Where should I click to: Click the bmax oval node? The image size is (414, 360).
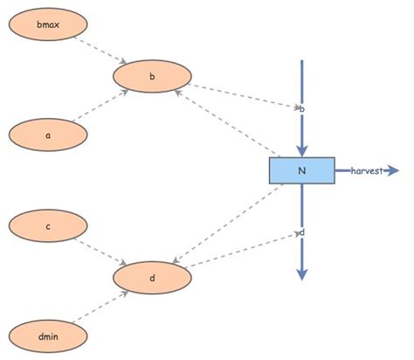pos(47,24)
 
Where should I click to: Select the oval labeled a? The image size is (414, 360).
pos(47,135)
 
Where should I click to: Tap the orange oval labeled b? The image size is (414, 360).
pos(153,77)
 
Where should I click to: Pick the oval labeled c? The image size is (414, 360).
pos(47,227)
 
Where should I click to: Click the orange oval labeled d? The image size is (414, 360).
pos(153,279)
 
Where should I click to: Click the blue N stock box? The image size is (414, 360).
pos(301,170)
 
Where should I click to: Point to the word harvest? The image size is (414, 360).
pos(369,170)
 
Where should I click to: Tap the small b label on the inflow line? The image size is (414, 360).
pos(301,108)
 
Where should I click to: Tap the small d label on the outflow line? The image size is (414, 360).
pos(301,232)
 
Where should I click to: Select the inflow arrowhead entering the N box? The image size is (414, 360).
pos(301,151)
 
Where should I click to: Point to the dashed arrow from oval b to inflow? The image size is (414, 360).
pos(245,96)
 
